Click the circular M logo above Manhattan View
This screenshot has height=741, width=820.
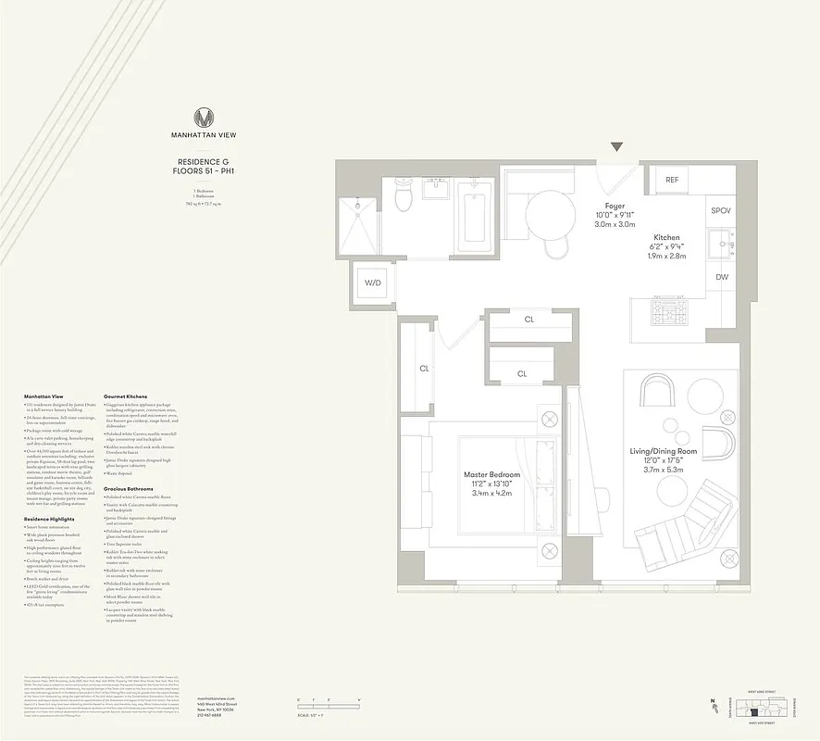204,118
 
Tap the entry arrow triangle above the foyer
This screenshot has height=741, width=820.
617,146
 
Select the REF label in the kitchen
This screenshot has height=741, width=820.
672,180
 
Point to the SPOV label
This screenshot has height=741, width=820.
721,211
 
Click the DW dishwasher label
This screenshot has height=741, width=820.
721,277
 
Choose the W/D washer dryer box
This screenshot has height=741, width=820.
373,283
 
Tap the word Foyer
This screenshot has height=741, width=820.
615,206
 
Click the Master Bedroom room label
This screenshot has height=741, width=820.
491,475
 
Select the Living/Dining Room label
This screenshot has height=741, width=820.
676,451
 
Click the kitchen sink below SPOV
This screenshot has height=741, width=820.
721,244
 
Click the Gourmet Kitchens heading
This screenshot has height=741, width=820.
126,396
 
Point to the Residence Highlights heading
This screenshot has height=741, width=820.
48,520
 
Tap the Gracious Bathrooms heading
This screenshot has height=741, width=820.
128,488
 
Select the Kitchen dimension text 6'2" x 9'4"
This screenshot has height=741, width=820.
665,246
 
